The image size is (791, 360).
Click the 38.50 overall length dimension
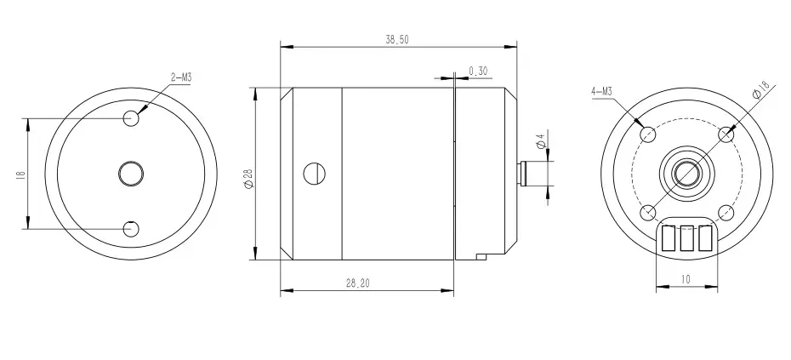point(397,40)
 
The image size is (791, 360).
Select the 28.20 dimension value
point(358,283)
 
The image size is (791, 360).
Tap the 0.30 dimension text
point(478,71)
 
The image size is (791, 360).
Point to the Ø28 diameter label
point(248,179)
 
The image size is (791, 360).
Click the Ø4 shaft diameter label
point(541,141)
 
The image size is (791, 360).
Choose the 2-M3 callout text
point(182,77)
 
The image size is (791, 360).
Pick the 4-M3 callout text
point(602,91)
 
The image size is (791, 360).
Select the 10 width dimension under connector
point(686,279)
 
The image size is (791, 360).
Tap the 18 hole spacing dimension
point(20,174)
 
